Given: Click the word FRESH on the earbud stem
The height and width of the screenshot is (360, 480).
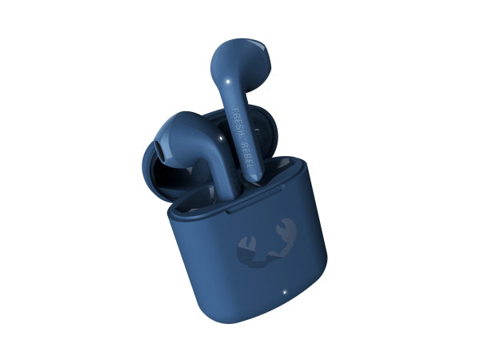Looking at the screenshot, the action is point(238,124).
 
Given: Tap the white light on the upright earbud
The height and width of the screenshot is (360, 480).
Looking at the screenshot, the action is point(228,82).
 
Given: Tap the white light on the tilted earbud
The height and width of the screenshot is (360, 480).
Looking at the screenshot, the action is point(221,138).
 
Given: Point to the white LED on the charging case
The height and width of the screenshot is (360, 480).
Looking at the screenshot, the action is point(284,291).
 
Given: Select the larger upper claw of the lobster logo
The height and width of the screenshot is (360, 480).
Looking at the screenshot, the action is point(286,230).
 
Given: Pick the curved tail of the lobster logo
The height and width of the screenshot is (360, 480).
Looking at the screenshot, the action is point(266,259).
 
